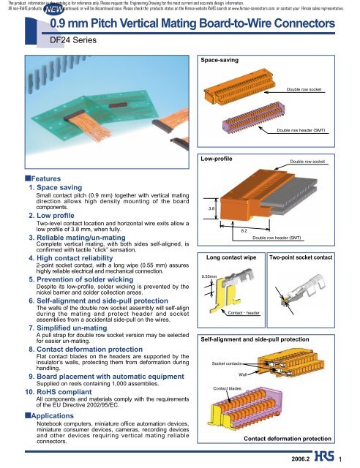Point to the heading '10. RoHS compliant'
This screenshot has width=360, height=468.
click(55, 391)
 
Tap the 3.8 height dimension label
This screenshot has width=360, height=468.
click(211, 188)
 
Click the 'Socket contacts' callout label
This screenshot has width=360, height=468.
click(227, 363)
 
